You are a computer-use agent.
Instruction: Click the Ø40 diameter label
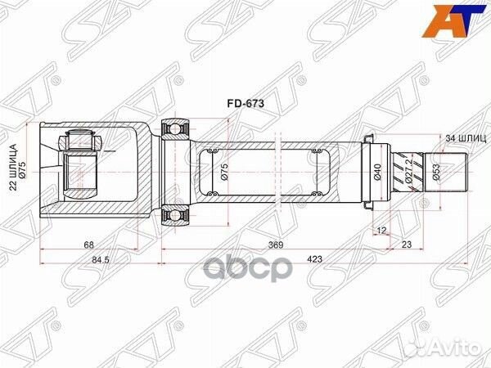pyautogui.click(x=378, y=173)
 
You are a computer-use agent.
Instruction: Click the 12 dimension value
pyautogui.click(x=382, y=231)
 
